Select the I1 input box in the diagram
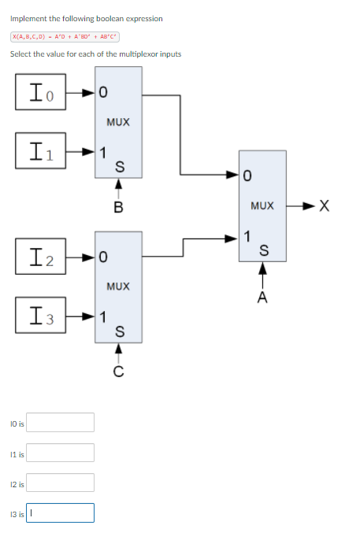(39, 150)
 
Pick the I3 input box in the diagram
(39, 317)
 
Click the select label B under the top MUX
(118, 208)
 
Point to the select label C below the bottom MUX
(118, 372)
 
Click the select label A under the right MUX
(262, 298)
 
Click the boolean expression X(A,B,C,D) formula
(65, 36)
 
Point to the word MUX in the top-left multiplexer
(117, 123)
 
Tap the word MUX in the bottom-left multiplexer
(117, 287)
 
